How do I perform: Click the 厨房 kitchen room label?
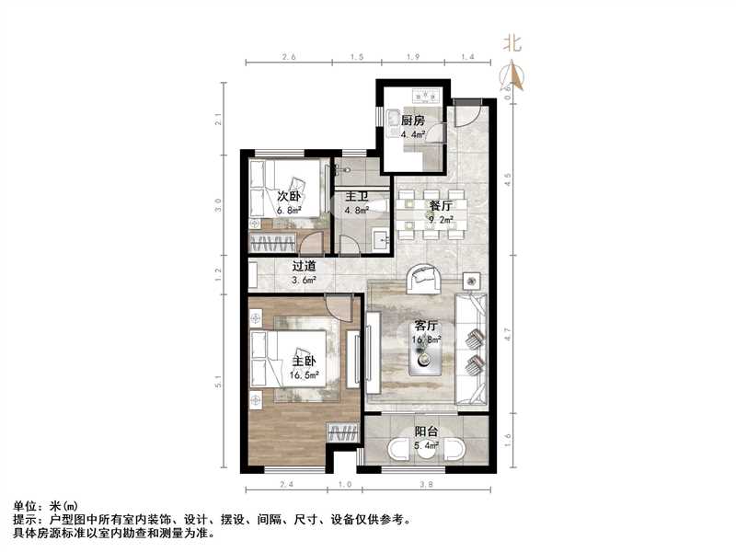[412, 121]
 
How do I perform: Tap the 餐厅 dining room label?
[441, 205]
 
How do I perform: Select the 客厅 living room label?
[425, 326]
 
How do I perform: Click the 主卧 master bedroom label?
[305, 362]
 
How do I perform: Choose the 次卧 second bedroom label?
[289, 195]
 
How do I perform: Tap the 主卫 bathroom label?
[356, 196]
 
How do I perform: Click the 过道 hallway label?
[305, 266]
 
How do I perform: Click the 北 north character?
[512, 42]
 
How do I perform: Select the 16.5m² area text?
[305, 375]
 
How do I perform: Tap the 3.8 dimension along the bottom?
[425, 484]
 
